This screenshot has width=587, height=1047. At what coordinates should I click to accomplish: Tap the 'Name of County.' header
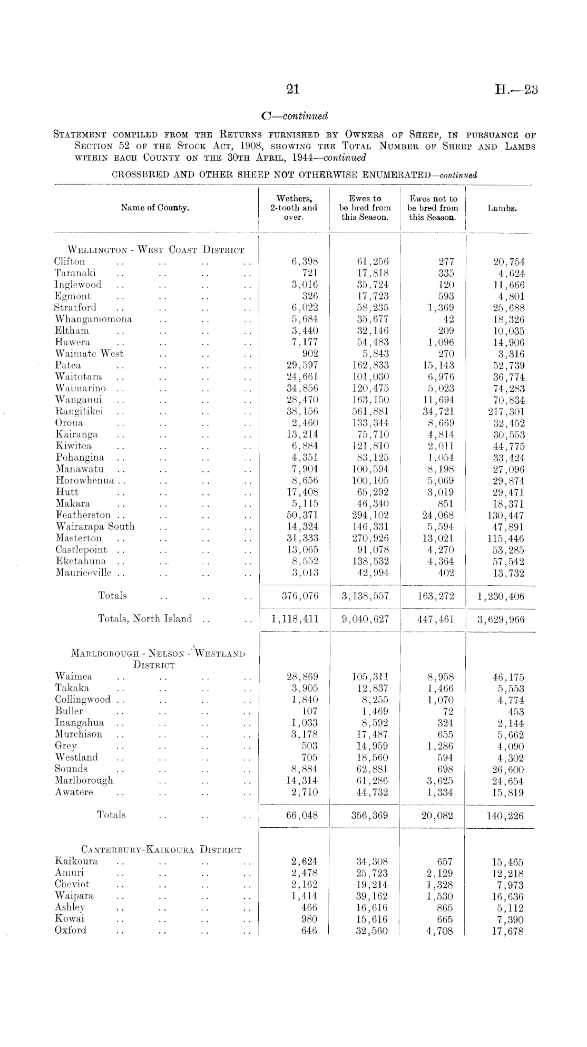(x=155, y=208)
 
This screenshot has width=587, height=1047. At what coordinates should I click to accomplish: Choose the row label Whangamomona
(x=94, y=319)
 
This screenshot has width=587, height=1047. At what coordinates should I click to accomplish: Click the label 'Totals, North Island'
(x=145, y=619)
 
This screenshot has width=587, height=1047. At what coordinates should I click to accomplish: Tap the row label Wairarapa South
(x=95, y=527)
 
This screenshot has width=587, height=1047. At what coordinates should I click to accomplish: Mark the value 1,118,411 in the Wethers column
(x=295, y=619)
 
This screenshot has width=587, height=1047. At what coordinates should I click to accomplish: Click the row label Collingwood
(x=83, y=700)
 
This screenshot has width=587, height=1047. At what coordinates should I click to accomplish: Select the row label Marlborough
(x=84, y=780)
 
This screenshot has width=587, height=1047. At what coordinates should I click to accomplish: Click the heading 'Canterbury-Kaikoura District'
(x=161, y=850)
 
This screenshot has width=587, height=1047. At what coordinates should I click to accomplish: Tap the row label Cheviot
(x=72, y=884)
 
